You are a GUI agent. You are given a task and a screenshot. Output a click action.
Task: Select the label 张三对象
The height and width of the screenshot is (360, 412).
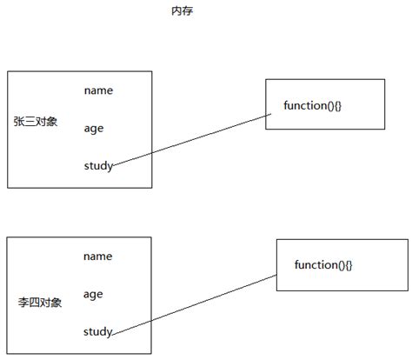36,121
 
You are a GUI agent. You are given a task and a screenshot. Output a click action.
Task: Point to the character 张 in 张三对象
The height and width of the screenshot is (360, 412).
19,121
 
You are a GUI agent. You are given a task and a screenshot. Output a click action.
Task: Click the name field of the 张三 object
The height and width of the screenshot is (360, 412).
98,90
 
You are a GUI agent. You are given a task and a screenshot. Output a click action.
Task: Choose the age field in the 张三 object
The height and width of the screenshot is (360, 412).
94,128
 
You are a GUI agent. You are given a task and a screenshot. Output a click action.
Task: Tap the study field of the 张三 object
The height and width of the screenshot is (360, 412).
98,165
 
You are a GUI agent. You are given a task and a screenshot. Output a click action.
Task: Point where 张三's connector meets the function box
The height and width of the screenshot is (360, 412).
266,115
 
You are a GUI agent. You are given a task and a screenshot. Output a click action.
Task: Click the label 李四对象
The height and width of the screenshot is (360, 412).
40,303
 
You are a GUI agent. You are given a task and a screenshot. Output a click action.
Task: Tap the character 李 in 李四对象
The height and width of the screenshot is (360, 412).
23,303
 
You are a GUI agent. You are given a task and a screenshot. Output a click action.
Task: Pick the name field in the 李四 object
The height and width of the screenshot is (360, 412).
98,256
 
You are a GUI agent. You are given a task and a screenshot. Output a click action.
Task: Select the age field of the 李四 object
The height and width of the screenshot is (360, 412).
94,294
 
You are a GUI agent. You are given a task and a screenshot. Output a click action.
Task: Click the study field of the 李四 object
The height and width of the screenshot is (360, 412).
98,331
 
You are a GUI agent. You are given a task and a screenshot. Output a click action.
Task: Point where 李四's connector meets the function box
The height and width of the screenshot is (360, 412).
277,274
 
